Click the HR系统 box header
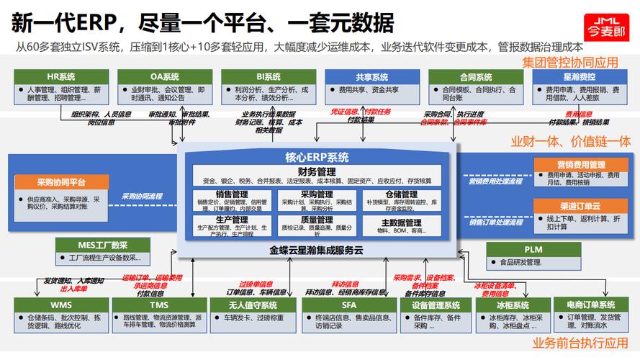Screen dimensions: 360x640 61,77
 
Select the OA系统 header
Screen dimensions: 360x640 165,77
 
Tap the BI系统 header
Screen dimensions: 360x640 269,77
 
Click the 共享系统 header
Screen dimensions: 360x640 371,77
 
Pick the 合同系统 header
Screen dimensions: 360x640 475,77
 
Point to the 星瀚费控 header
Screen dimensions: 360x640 579,77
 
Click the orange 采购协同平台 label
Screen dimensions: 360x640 61,182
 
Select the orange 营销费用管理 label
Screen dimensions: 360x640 581,165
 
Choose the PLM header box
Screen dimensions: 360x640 533,249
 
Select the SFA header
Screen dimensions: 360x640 348,305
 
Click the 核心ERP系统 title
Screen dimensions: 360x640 317,158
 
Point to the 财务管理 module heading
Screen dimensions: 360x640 317,171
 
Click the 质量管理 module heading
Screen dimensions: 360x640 316,220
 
